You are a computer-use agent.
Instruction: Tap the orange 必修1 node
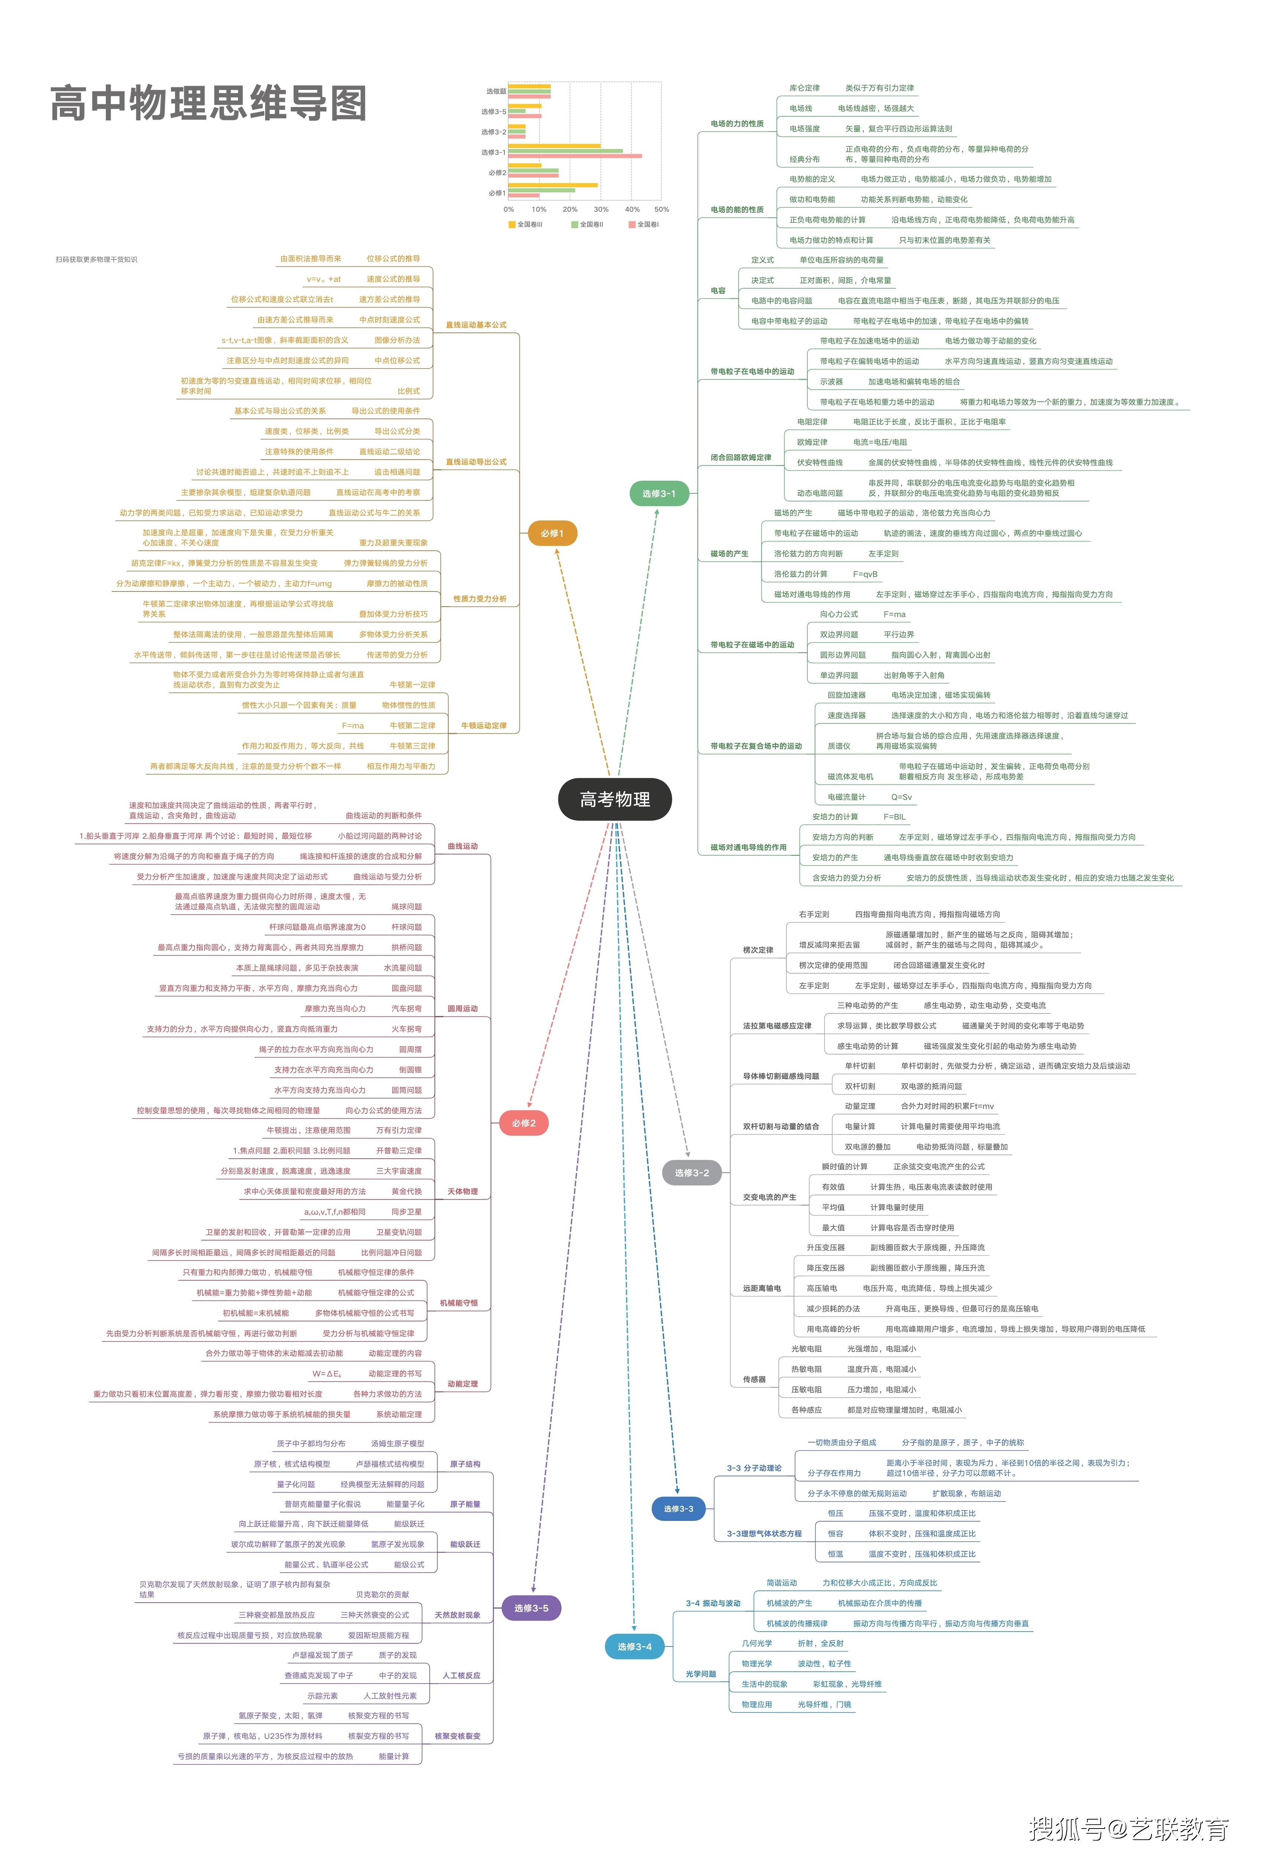pos(552,533)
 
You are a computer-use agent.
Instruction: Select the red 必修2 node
pos(524,1123)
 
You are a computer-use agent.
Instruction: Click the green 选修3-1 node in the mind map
pos(659,494)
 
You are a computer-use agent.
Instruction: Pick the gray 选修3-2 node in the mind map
pos(691,1172)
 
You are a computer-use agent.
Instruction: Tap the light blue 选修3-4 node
pos(634,1647)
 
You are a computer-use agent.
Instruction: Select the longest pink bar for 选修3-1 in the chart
pos(575,156)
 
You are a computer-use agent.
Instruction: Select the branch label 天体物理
pos(462,1191)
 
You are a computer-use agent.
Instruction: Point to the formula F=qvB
pos(865,574)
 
